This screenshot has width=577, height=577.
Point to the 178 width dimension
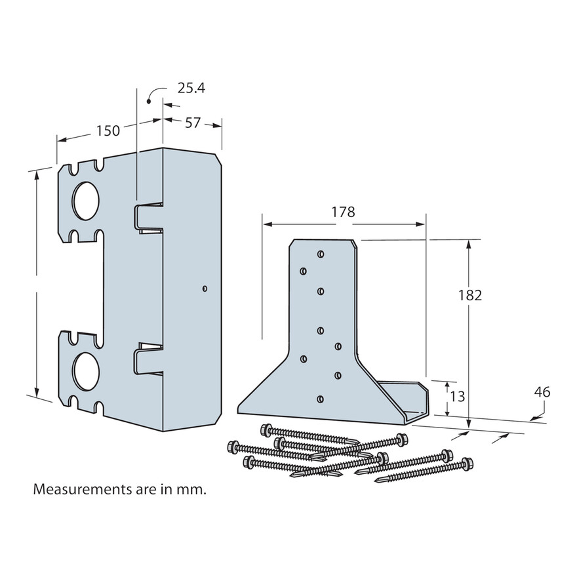pyautogui.click(x=343, y=212)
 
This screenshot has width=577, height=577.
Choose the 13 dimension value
pyautogui.click(x=458, y=397)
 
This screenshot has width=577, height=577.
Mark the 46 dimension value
pyautogui.click(x=542, y=392)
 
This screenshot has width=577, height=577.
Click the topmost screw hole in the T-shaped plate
pyautogui.click(x=320, y=253)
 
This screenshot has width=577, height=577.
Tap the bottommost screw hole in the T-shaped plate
pyautogui.click(x=320, y=398)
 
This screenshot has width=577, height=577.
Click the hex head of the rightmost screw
pyautogui.click(x=468, y=464)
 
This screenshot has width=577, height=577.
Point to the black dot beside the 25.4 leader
pyautogui.click(x=149, y=101)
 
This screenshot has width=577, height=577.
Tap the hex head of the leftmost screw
pyautogui.click(x=231, y=446)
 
